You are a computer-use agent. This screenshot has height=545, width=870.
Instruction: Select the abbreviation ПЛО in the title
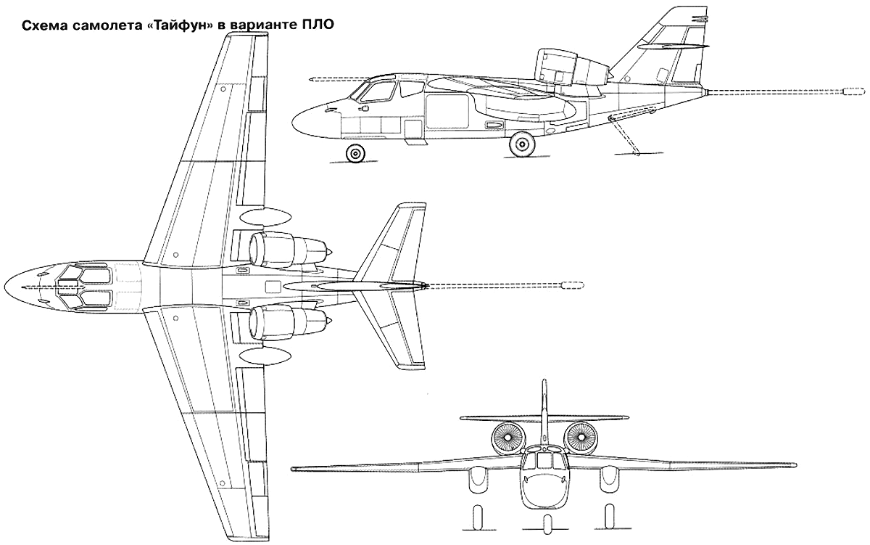(318, 25)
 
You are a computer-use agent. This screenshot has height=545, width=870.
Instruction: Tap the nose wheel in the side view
(355, 153)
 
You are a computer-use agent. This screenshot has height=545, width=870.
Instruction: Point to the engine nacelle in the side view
(572, 68)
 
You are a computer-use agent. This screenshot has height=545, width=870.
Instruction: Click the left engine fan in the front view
(507, 438)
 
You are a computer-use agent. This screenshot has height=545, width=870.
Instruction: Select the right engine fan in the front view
(581, 438)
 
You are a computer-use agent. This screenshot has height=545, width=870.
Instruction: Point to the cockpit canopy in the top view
(84, 287)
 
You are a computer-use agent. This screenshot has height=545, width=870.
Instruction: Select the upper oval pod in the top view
(265, 217)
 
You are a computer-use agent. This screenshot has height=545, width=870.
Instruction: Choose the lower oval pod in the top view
(265, 356)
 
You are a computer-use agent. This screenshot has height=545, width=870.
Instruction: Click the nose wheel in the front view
(547, 522)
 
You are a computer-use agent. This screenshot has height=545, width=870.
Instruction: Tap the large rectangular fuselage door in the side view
(447, 111)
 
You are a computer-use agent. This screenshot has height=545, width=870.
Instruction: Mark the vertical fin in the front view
(544, 412)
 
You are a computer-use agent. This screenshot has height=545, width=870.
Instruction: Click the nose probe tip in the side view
(312, 81)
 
